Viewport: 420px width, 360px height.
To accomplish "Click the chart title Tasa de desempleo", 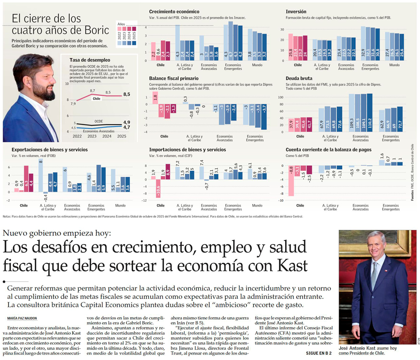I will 90,60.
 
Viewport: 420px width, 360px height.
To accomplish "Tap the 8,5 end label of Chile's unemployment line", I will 126,94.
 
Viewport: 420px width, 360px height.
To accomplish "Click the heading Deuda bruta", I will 299,78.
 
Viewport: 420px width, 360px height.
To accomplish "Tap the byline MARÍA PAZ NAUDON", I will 23,318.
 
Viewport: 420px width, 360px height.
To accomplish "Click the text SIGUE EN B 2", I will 319,353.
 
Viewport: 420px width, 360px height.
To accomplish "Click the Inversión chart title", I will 296,12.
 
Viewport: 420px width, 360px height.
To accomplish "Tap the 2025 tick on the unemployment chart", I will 122,136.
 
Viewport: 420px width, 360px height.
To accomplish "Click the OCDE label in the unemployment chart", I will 99,121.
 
